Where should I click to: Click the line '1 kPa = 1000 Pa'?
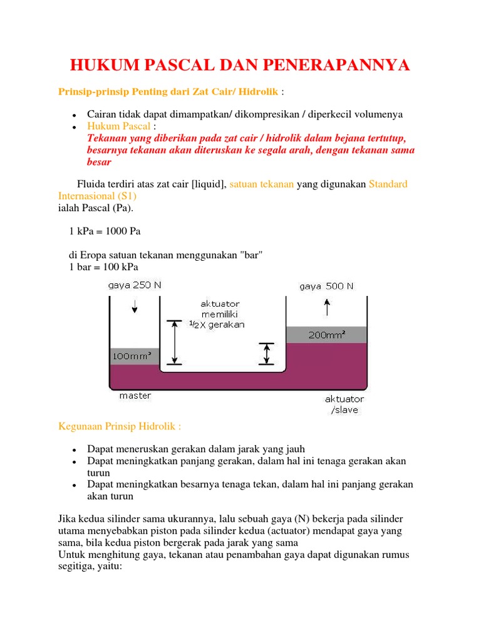click(x=105, y=231)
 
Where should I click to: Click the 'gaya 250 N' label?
click(x=135, y=286)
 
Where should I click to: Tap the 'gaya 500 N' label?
click(x=326, y=286)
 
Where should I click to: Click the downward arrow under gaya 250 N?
click(x=135, y=307)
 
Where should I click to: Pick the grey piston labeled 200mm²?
click(x=326, y=335)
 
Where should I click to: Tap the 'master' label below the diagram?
click(x=135, y=396)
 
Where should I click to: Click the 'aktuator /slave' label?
click(x=344, y=404)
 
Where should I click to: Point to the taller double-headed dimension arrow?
click(x=175, y=342)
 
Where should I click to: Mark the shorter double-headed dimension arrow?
click(x=267, y=354)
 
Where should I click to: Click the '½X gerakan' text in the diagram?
click(x=217, y=325)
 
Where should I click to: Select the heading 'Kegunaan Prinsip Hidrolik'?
click(x=120, y=426)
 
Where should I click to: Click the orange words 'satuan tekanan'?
click(x=261, y=184)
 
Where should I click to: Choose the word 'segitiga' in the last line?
click(x=78, y=564)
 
